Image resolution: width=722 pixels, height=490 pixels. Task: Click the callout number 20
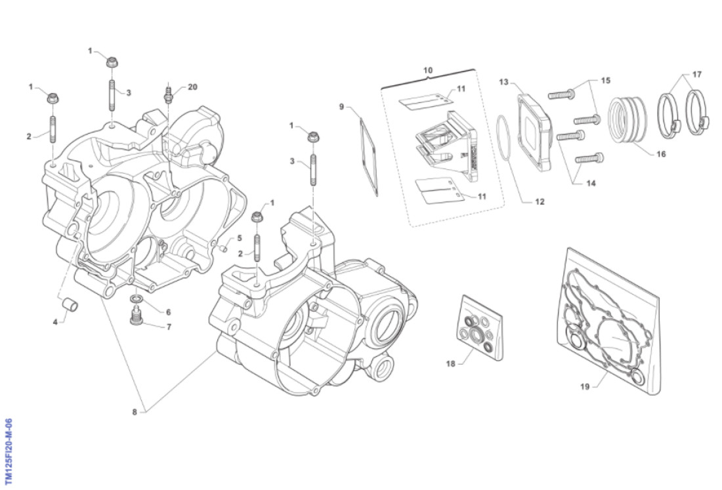click(192, 87)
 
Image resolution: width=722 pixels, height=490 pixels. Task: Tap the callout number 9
click(342, 106)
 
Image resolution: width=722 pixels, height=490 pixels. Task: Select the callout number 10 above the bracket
click(427, 70)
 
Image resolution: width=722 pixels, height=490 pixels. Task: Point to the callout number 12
click(539, 202)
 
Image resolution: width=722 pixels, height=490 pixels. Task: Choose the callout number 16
click(660, 155)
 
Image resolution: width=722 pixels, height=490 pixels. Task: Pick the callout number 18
click(450, 362)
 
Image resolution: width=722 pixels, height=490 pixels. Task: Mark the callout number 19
click(585, 386)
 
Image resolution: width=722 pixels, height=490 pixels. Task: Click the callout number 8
click(135, 412)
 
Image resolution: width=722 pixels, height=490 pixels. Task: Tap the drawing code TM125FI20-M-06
click(9, 453)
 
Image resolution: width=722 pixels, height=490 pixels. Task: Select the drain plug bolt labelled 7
click(137, 317)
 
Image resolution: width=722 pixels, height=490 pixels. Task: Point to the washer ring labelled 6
click(136, 300)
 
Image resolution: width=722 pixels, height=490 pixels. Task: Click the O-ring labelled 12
click(504, 138)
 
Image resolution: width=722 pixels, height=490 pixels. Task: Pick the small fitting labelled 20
click(169, 96)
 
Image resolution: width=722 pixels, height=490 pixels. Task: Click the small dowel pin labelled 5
click(224, 248)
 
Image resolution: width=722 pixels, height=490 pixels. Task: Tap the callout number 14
click(591, 184)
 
